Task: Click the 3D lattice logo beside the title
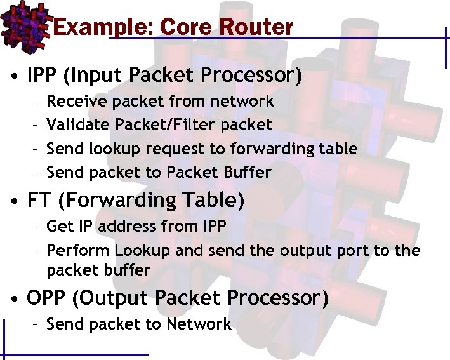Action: [24, 23]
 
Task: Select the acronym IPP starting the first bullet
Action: [43, 76]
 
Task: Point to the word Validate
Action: [73, 124]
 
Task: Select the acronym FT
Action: [39, 200]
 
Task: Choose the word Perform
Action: [79, 250]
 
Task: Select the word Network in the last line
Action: [199, 324]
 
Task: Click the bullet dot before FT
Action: [13, 202]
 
